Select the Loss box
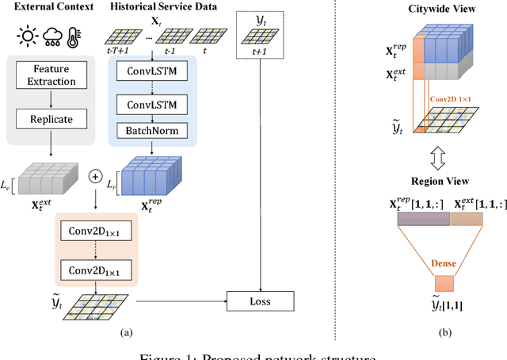click(261, 301)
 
